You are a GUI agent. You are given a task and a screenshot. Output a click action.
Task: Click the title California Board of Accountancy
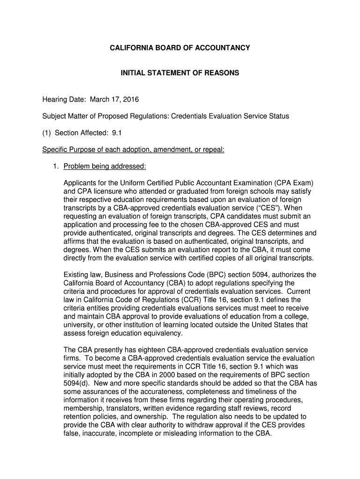[x=180, y=48]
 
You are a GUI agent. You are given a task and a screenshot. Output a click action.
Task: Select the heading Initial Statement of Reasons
[x=180, y=73]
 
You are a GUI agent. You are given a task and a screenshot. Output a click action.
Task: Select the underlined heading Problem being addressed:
[x=105, y=167]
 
